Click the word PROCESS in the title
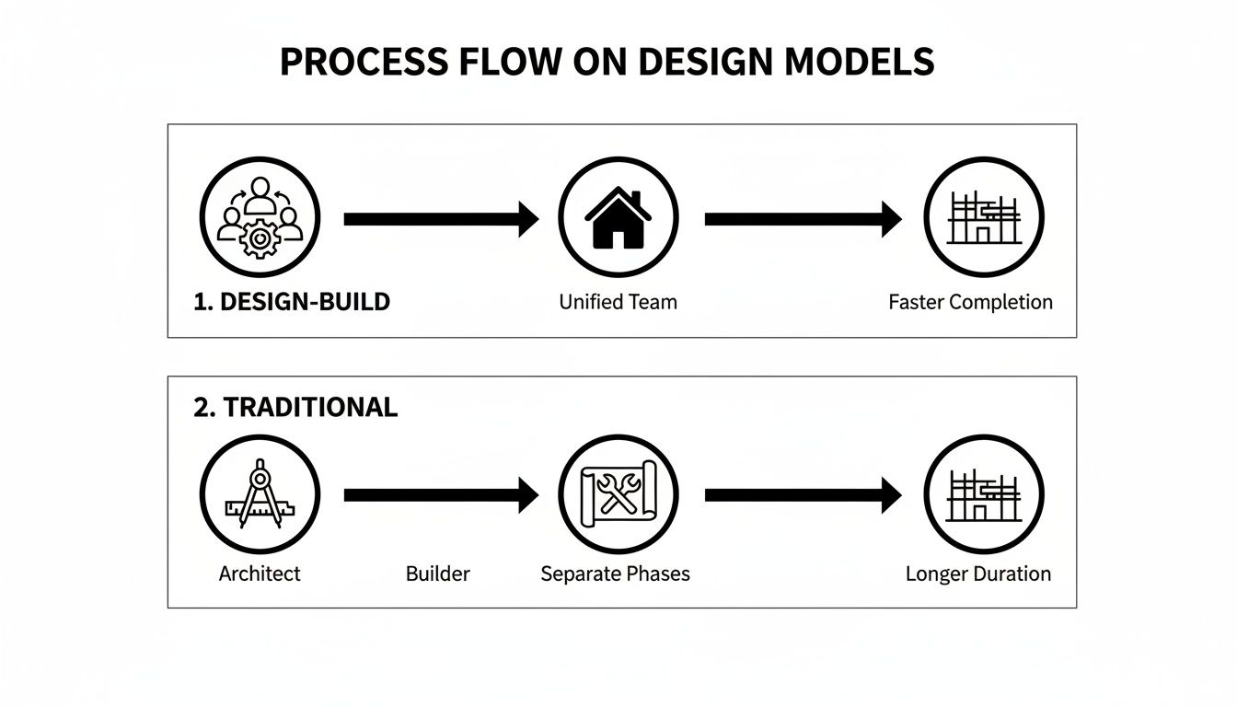coord(364,62)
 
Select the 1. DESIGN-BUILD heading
coord(292,302)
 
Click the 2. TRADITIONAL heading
coord(295,407)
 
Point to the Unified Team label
coord(618,302)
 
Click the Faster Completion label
coord(970,302)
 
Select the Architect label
coord(260,574)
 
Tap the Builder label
coord(437,574)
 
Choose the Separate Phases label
coord(615,574)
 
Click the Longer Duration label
coord(978,574)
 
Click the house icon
coord(618,217)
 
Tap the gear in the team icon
coord(260,238)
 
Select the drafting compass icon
coord(260,493)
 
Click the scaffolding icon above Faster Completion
coord(984,217)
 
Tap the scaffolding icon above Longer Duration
coord(984,495)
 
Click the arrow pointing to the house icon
coord(441,219)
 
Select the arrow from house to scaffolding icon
coord(803,219)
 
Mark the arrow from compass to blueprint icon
coord(441,495)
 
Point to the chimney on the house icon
coord(636,199)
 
